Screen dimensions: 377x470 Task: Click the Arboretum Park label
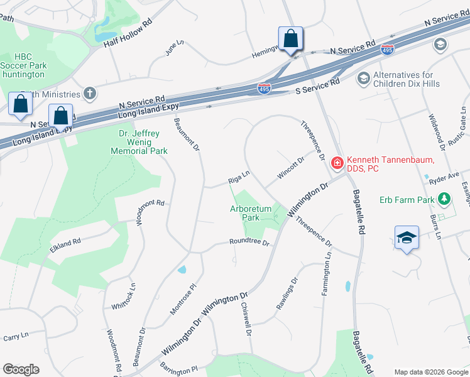(x=250, y=212)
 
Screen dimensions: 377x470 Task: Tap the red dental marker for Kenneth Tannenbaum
(x=337, y=163)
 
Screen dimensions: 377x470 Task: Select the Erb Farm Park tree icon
(x=445, y=199)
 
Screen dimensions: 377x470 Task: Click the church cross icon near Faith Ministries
(x=90, y=94)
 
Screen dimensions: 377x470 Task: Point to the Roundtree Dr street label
(x=249, y=242)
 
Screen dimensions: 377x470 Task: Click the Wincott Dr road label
(x=292, y=168)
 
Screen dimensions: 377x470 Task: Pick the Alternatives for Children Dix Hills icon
(x=363, y=79)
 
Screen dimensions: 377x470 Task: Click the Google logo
(x=21, y=369)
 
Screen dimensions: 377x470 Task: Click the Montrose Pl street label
(x=183, y=298)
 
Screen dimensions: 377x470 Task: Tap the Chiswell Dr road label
(x=246, y=319)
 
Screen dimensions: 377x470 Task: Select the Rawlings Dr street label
(x=286, y=293)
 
